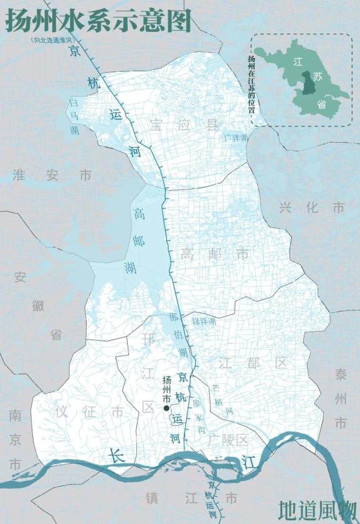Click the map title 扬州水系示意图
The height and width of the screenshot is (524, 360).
coord(98,20)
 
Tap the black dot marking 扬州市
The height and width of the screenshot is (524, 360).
coord(166,408)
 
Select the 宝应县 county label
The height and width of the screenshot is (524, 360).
coord(184,124)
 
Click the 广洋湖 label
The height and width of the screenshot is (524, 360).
coord(235,137)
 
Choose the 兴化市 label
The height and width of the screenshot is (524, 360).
coord(311,207)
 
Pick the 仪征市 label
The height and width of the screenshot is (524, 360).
coord(89,412)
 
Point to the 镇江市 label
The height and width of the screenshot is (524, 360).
coord(191,498)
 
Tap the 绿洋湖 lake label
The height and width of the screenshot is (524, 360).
coord(204,322)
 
